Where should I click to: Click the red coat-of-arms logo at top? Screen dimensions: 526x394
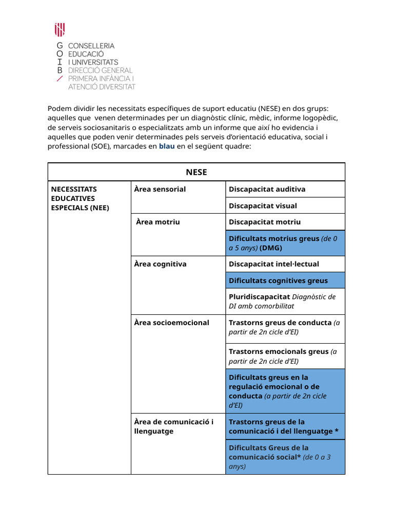pos(60,30)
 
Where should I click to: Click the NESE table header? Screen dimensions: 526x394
pos(196,172)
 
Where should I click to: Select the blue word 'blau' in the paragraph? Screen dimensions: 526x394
pos(167,146)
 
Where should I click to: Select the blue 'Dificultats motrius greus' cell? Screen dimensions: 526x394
pos(285,243)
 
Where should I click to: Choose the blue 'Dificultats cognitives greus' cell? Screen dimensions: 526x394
pos(285,280)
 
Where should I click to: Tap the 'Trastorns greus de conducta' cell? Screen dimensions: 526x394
pos(285,327)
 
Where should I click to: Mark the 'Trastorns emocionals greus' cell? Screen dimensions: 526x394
pos(285,356)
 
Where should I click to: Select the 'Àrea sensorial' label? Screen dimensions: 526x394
pos(160,189)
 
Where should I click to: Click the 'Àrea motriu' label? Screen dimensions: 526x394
pos(158,222)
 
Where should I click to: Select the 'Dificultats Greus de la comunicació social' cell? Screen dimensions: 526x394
pos(285,457)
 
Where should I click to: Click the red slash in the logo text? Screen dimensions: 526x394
pos(60,79)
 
